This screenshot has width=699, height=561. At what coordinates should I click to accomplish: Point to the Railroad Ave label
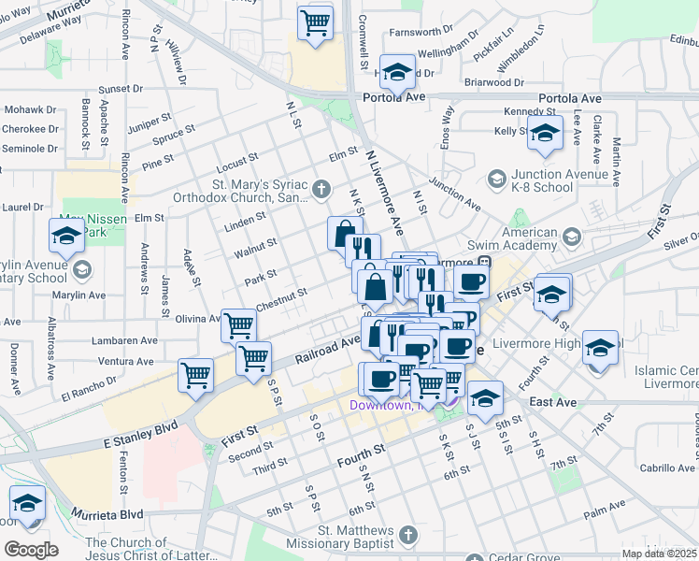(x=328, y=348)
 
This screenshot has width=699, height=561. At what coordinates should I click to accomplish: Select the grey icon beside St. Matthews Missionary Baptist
(x=407, y=535)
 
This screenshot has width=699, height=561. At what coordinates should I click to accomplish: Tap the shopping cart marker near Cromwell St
(x=316, y=22)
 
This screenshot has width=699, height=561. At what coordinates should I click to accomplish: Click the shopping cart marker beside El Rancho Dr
(x=195, y=375)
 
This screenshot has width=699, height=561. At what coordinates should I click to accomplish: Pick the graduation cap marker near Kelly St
(x=544, y=133)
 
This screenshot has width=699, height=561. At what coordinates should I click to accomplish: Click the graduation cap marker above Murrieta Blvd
(x=27, y=503)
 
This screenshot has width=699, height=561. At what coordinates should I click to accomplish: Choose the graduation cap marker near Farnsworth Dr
(x=397, y=72)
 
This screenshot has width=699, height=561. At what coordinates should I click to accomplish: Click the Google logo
(x=31, y=550)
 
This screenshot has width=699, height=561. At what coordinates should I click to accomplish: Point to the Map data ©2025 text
(x=659, y=554)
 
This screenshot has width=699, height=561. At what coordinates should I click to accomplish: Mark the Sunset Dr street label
(x=120, y=90)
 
